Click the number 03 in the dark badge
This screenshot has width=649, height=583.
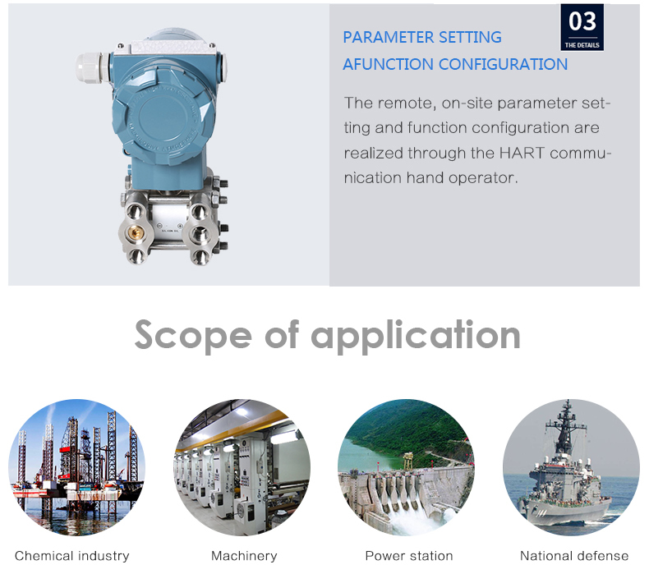582,21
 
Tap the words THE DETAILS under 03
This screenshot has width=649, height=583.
582,45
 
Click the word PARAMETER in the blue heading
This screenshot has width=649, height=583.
389,37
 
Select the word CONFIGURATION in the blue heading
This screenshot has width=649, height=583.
503,64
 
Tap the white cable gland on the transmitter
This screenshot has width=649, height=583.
91,67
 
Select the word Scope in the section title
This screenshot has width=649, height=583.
193,335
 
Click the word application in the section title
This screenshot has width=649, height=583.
415,336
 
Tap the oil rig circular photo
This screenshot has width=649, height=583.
77,467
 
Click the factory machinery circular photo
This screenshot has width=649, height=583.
242,467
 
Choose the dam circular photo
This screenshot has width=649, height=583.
406,467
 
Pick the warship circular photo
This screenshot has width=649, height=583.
571,467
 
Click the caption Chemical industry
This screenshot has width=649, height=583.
72,556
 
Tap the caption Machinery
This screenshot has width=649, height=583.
244,556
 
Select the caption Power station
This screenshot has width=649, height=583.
409,556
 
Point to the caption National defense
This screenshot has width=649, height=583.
574,556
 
